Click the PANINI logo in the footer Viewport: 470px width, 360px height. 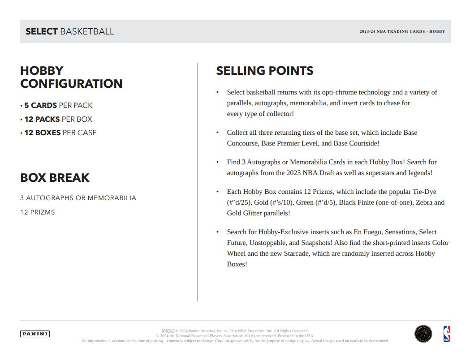tap(35, 334)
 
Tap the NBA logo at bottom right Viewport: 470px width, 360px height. tap(447, 334)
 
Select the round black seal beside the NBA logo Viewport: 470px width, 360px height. tap(423, 334)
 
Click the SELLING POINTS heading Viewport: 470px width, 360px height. tap(265, 71)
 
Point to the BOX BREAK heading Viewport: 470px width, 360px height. tap(55, 178)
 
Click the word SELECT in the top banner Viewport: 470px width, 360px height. tap(42, 31)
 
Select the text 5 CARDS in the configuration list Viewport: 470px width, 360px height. tap(41, 106)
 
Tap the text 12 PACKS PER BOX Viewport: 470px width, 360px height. tap(58, 119)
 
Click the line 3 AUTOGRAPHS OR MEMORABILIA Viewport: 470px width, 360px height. tap(78, 198)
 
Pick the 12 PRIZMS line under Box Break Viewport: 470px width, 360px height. tap(38, 212)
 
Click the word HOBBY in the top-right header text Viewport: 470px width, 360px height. tap(437, 32)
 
